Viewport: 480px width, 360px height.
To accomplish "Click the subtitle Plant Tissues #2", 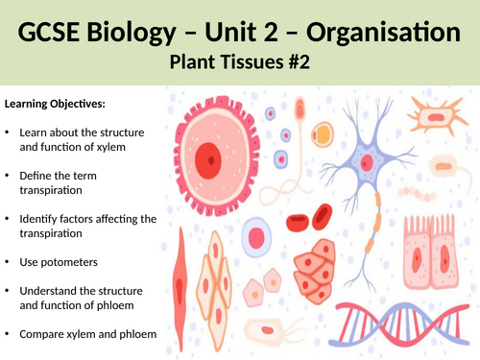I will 240,63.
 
